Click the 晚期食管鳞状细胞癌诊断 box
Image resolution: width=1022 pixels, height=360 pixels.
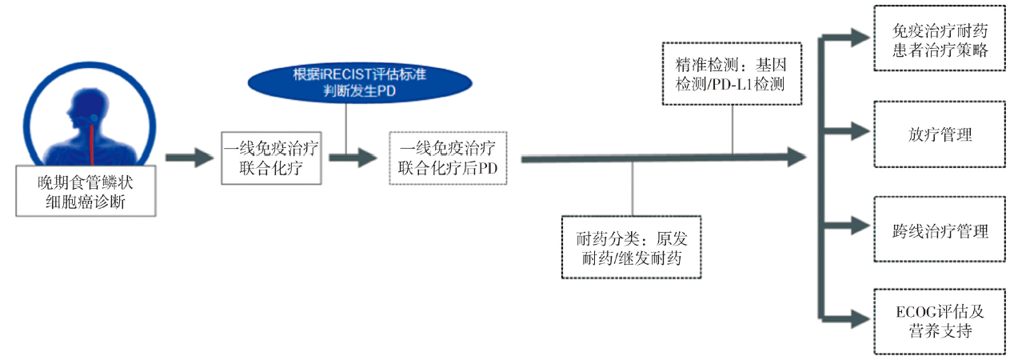86,191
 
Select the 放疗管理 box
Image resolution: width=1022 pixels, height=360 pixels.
940,134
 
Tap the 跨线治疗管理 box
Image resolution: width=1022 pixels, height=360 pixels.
940,231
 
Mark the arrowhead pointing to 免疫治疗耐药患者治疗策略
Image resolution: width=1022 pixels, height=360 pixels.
857,35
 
